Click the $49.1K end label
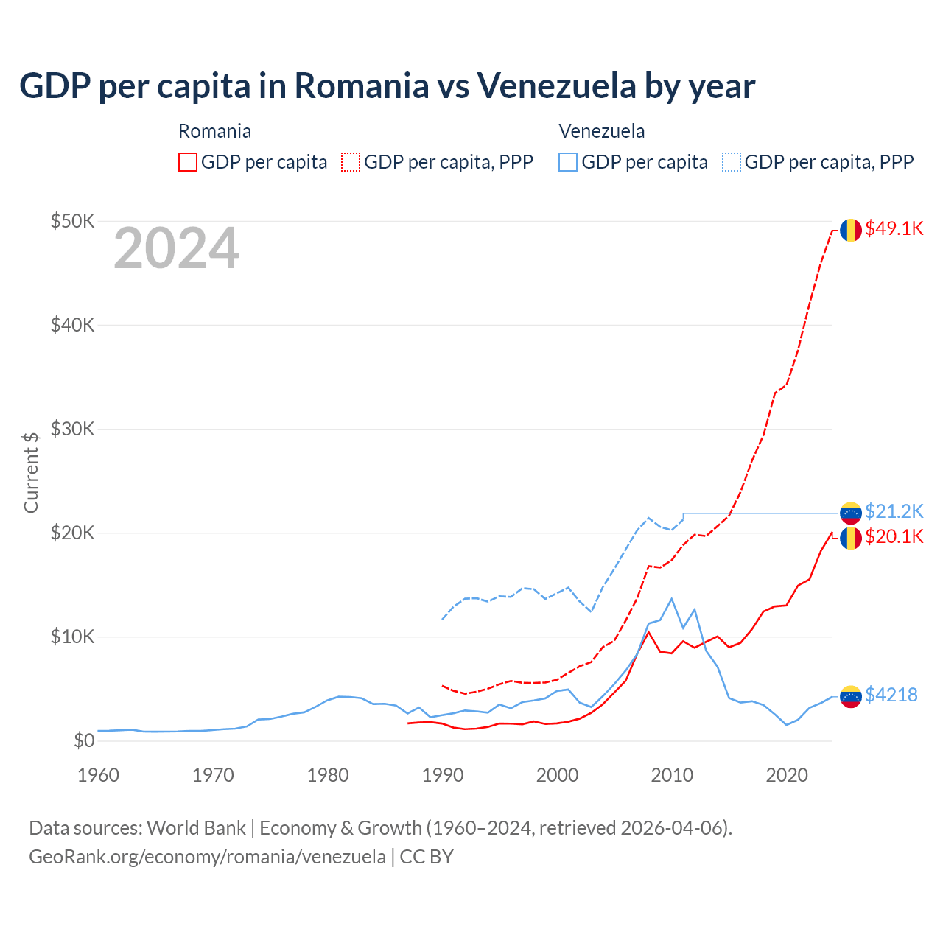point(894,229)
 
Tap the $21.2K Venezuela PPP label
point(894,511)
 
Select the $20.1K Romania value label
point(894,536)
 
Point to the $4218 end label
point(891,695)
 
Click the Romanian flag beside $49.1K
point(851,230)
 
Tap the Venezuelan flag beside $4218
point(851,696)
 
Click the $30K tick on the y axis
point(72,429)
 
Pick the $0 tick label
point(84,740)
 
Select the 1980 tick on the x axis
point(328,775)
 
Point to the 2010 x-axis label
point(672,775)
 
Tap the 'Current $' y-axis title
point(31,471)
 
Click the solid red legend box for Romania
point(188,162)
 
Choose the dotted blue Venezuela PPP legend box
point(732,162)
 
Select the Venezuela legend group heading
point(601,131)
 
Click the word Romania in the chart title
point(362,85)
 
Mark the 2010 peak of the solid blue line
point(671,598)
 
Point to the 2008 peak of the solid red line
point(648,632)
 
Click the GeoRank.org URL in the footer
point(207,857)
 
